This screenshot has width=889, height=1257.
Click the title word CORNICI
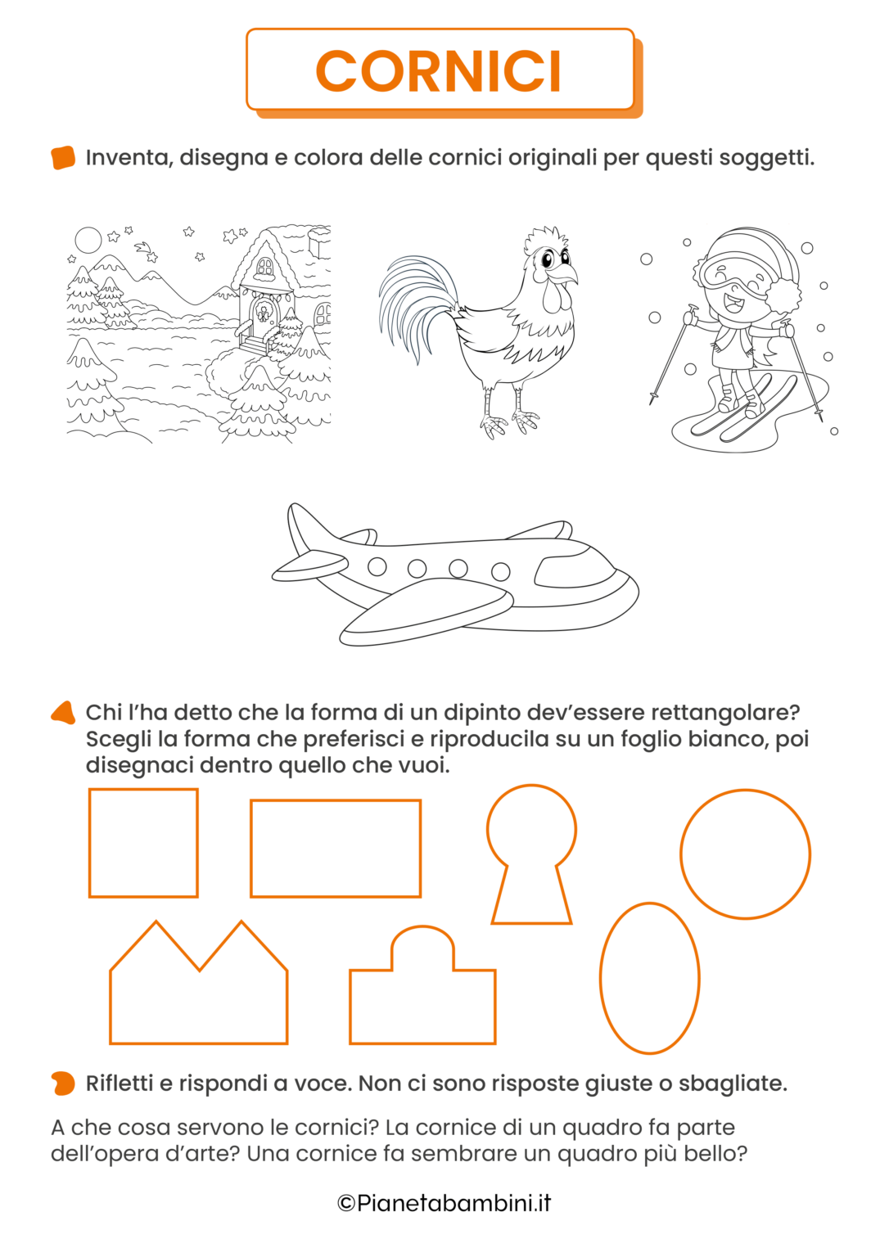point(438,70)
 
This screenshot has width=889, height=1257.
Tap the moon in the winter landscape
point(88,240)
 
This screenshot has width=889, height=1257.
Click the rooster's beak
point(566,275)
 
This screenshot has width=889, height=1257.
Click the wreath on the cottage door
point(262,312)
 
